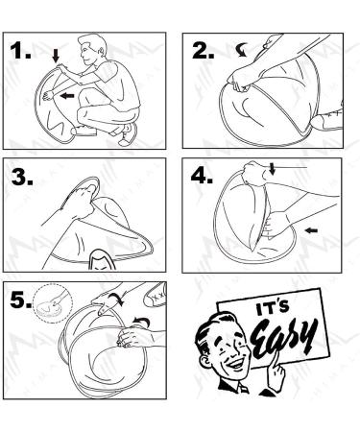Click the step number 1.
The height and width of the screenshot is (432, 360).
tap(20, 51)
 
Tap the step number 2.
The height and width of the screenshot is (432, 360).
tap(203, 51)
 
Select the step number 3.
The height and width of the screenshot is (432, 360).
tap(22, 177)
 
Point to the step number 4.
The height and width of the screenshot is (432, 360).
tap(202, 175)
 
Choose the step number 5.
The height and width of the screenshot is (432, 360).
tap(21, 300)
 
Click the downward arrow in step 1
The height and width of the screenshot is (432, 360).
tap(56, 56)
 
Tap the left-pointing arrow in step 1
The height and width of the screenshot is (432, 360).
tap(67, 95)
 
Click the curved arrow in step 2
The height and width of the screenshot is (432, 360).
tap(241, 51)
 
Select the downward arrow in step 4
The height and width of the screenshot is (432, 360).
tap(272, 169)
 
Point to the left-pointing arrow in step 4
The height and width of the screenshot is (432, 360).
tap(311, 230)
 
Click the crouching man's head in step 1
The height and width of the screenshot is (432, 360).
tap(92, 50)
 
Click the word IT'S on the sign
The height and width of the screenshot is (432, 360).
tap(273, 309)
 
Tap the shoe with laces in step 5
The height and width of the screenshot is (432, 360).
tap(156, 296)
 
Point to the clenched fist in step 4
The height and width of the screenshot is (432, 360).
tap(255, 173)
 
